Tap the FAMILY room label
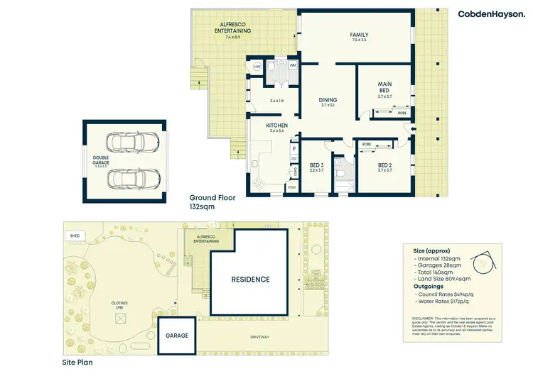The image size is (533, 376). pyautogui.click(x=358, y=36)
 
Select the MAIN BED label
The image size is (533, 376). pyautogui.click(x=384, y=87)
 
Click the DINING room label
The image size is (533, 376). pyautogui.click(x=328, y=101)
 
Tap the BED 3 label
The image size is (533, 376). pyautogui.click(x=317, y=165)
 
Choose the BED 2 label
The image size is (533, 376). pyautogui.click(x=384, y=165)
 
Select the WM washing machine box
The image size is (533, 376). pyautogui.click(x=292, y=65)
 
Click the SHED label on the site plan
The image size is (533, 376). pyautogui.click(x=74, y=235)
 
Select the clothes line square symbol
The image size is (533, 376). pyautogui.click(x=120, y=319)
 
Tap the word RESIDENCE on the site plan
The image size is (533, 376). pyautogui.click(x=251, y=280)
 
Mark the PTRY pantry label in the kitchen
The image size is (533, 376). pyautogui.click(x=291, y=188)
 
